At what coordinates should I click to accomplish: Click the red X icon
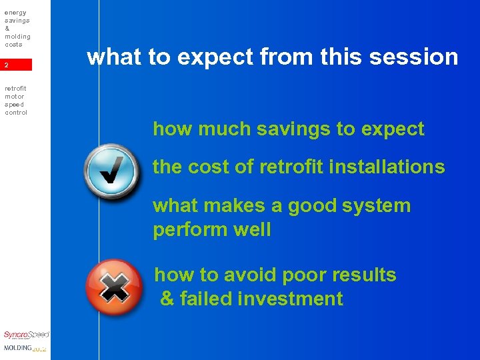pyautogui.click(x=114, y=287)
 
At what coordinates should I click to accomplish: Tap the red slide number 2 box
pyautogui.click(x=16, y=65)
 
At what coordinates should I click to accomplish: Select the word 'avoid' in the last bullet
pyautogui.click(x=249, y=275)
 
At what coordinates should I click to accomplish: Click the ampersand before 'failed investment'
pyautogui.click(x=167, y=299)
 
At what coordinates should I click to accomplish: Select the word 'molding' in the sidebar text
pyautogui.click(x=17, y=36)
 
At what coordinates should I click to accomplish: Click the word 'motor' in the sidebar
pyautogui.click(x=14, y=96)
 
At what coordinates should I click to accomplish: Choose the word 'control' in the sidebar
pyautogui.click(x=16, y=112)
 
